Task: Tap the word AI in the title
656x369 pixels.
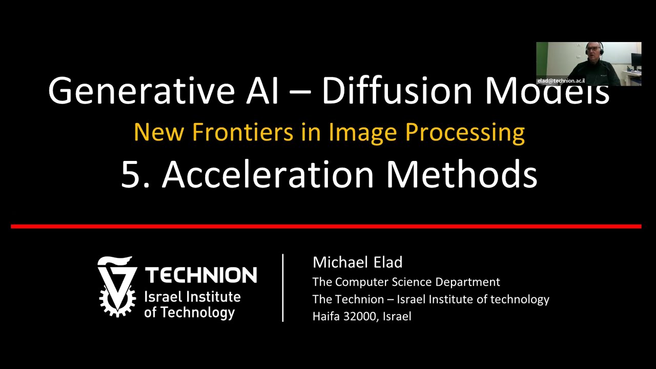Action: click(259, 90)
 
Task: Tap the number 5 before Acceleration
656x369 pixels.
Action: click(131, 174)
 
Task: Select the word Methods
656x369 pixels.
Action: click(461, 174)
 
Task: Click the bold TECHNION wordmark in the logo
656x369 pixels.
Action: click(201, 275)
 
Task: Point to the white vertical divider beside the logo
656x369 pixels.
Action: click(283, 288)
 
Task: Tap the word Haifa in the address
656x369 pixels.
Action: click(326, 316)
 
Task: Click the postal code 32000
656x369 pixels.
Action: click(362, 316)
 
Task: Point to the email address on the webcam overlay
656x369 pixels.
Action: click(561, 81)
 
